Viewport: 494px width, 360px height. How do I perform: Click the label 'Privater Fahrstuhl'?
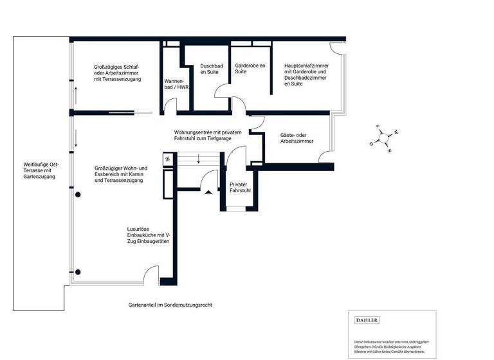[241, 188]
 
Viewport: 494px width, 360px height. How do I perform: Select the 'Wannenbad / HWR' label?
[174, 84]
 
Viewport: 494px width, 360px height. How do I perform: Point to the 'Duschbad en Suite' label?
[211, 69]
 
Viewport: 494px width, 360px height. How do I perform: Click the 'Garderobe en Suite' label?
[250, 69]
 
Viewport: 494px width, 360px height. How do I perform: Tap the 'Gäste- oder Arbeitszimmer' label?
[297, 138]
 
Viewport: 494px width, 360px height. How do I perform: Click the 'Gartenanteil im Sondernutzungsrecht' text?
[170, 305]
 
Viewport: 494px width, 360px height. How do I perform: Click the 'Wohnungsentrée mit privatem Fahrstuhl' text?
[208, 135]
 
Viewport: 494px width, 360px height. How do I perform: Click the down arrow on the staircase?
[199, 158]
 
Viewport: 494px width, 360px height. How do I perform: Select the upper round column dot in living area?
[78, 194]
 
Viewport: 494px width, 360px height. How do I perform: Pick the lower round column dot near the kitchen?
[78, 271]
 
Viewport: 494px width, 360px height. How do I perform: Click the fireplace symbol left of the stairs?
[167, 159]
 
